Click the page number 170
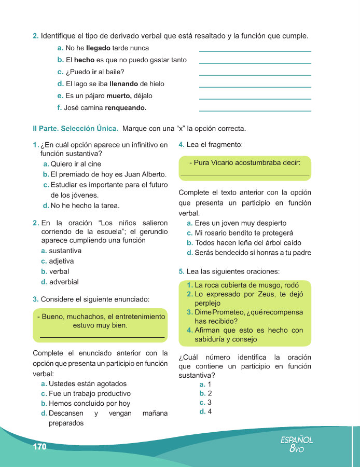point(39,447)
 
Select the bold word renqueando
point(126,108)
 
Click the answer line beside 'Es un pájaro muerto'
point(255,99)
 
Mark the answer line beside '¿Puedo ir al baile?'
point(255,75)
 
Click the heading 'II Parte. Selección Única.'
point(75,128)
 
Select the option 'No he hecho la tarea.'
point(85,205)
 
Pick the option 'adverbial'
point(64,282)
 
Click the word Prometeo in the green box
point(227,312)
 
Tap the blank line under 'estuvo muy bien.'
point(102,338)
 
